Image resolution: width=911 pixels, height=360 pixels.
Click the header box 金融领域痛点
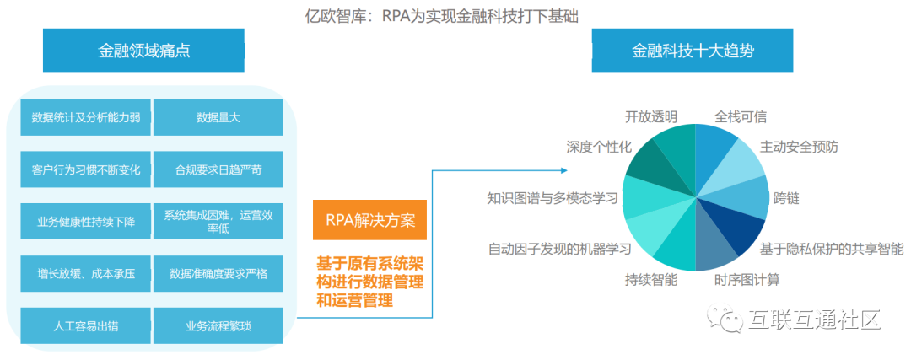point(144,51)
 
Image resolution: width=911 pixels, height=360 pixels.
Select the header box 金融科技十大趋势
point(693,51)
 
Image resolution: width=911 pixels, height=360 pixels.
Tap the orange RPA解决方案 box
point(369,221)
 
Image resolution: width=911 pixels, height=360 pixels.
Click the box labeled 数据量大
point(218,118)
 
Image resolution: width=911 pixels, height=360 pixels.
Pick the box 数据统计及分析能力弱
point(85,118)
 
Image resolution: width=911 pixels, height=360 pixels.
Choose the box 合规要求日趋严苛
point(218,169)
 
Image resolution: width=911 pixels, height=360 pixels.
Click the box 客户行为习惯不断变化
point(85,169)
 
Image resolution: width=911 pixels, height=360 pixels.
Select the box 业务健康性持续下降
point(85,222)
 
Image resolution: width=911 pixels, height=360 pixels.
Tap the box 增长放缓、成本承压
point(85,274)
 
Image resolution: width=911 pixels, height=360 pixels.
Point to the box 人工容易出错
point(85,325)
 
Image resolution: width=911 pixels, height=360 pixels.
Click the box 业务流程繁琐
point(218,325)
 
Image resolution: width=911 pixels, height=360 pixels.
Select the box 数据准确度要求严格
point(218,274)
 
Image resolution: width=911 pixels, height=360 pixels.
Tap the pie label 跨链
point(786,199)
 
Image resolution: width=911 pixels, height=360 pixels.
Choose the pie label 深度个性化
point(599,147)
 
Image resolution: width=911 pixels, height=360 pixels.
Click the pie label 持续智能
point(651,279)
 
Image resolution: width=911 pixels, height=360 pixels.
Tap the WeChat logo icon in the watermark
point(725,320)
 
